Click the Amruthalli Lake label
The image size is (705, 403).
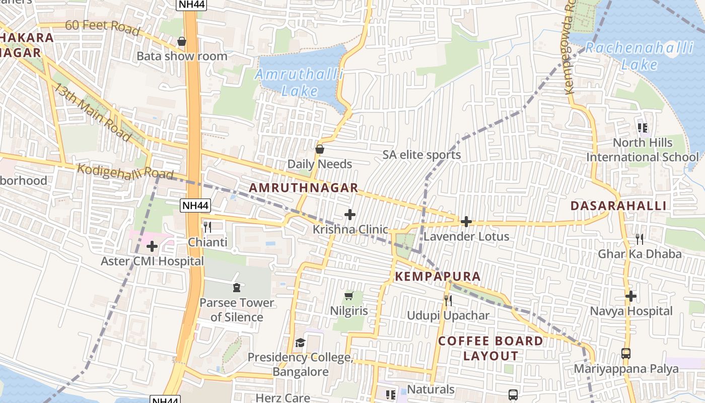pos(300,83)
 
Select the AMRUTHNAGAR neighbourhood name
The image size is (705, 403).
pos(304,188)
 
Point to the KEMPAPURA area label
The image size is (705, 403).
pos(438,277)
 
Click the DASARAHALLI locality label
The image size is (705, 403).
pos(618,206)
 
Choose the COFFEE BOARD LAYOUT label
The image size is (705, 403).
pos(490,348)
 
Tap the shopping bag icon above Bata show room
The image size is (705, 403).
pos(182,41)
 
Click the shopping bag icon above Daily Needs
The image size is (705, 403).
pos(319,149)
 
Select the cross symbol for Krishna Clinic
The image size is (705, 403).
pos(350,215)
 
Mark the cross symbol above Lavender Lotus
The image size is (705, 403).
pos(466,221)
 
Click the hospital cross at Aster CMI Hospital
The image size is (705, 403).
pos(152,246)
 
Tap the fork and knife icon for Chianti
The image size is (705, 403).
pos(207,227)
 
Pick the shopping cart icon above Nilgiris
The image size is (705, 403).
pos(348,296)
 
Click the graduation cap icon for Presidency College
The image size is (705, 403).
pos(300,343)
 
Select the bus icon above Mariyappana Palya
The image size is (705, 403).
pos(626,354)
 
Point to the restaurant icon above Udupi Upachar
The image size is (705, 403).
pos(448,301)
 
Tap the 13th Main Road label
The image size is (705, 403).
pos(93,111)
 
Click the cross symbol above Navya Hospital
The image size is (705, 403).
pos(631,296)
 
